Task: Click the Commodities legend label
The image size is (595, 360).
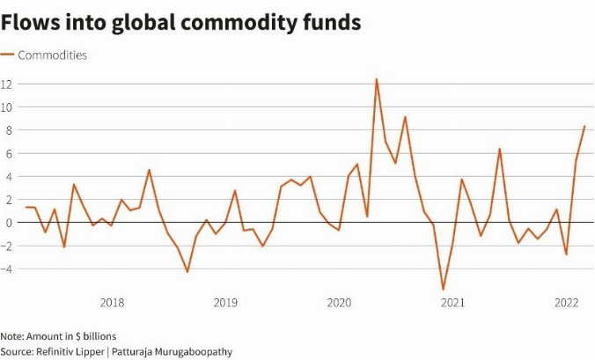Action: [53, 55]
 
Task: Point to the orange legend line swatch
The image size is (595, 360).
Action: [8, 55]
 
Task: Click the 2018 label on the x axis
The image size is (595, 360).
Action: [112, 304]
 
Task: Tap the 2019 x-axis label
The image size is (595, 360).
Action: [225, 304]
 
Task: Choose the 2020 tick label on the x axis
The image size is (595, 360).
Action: [339, 304]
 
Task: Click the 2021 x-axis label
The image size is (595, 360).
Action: [452, 304]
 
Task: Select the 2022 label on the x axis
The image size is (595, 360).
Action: [565, 304]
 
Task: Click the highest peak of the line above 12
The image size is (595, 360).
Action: [377, 79]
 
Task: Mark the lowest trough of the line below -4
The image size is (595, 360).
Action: [443, 289]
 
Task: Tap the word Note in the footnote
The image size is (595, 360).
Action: [11, 336]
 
